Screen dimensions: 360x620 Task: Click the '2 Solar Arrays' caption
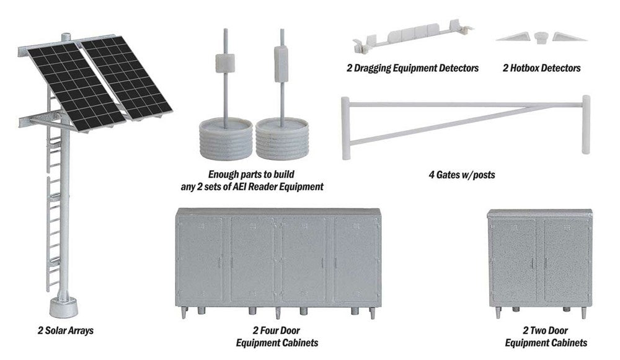point(64,331)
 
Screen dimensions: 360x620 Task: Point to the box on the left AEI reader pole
point(225,63)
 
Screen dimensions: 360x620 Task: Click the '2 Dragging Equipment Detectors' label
point(412,68)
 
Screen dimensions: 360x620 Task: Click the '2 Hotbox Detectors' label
point(541,68)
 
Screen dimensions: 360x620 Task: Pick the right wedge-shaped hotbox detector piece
point(569,37)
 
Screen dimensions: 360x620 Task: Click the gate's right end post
point(586,124)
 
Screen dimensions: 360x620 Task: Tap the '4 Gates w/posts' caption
point(461,175)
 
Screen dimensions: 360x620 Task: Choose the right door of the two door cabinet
point(565,260)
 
